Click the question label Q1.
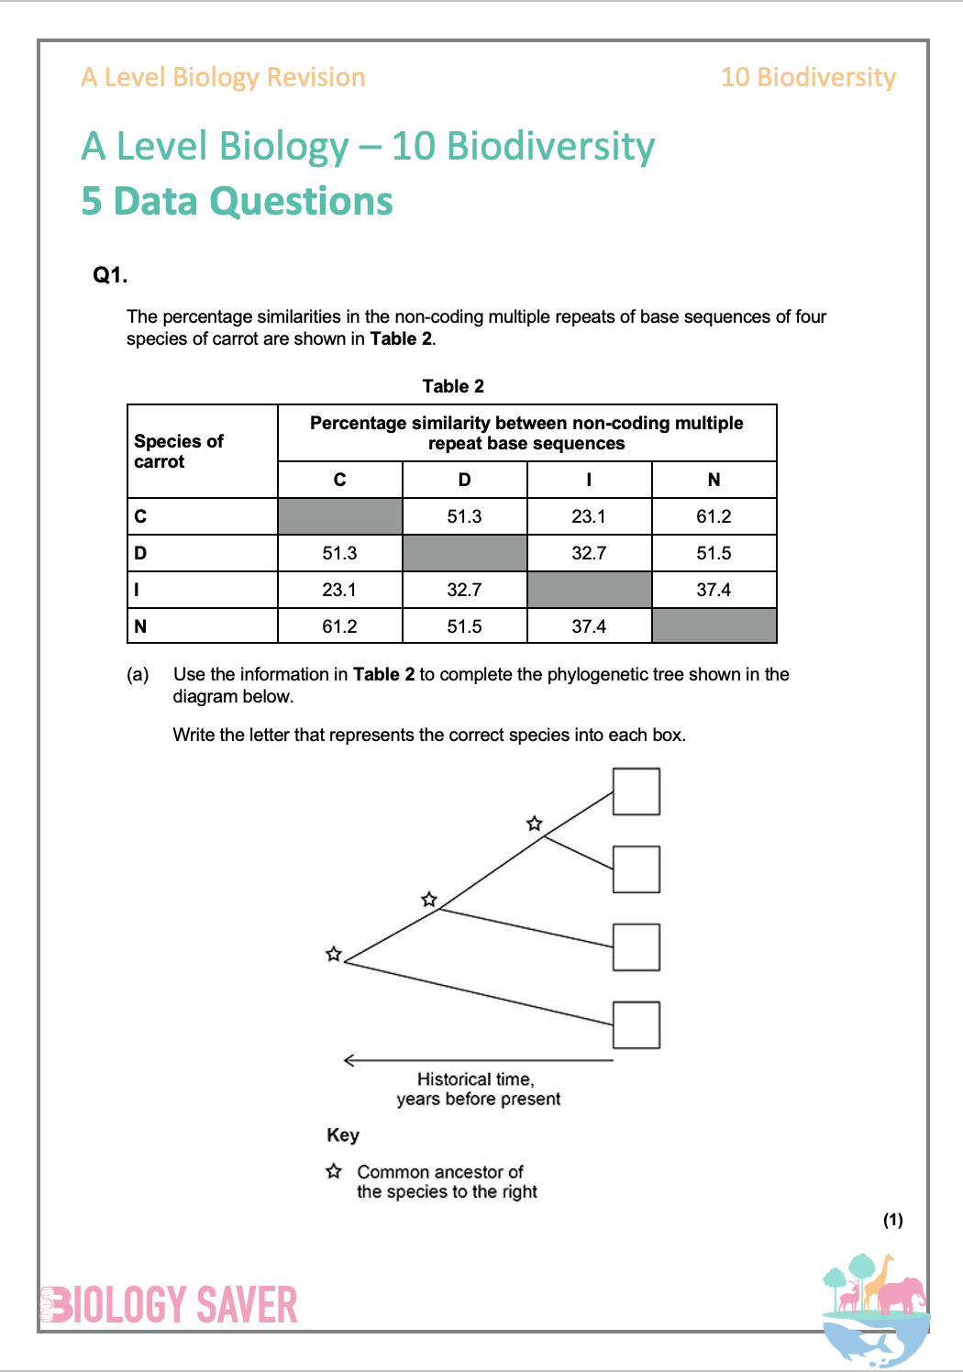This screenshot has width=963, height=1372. click(x=110, y=275)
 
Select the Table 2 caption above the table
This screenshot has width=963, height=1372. click(x=453, y=386)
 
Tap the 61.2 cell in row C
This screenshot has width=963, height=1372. click(x=714, y=516)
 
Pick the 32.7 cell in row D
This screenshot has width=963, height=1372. click(x=589, y=553)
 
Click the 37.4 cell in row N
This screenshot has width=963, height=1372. click(x=589, y=626)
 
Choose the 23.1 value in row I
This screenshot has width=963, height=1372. click(x=339, y=590)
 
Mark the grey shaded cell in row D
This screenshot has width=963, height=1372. click(x=464, y=553)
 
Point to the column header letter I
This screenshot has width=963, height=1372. click(x=589, y=480)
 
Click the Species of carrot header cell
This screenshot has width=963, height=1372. click(x=179, y=451)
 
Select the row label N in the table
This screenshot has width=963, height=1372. click(x=140, y=626)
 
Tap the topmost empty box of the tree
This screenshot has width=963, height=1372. click(x=636, y=791)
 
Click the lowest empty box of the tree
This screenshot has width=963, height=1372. click(x=636, y=1025)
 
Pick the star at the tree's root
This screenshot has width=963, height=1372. click(x=334, y=955)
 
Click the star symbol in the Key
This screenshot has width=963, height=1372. click(x=334, y=1171)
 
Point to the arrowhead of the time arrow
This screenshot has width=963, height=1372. click(x=349, y=1061)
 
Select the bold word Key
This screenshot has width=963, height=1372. click(x=343, y=1135)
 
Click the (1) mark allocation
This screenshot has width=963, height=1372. click(x=892, y=1220)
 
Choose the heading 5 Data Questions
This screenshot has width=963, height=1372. click(x=237, y=202)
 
